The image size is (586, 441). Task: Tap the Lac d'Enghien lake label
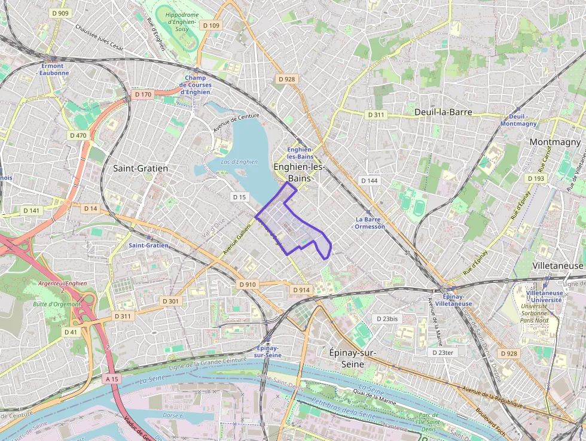coord(231,162)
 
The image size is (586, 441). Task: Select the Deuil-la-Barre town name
coord(443,112)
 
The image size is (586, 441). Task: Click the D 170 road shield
coord(143,95)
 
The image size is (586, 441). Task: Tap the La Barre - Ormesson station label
coord(370,223)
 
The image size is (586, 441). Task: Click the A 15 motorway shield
coord(112,379)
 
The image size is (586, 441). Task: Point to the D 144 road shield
coord(370,180)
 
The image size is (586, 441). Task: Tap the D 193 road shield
coord(536,178)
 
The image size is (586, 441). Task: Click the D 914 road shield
coord(301,290)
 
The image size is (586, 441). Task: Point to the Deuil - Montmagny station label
coord(518,120)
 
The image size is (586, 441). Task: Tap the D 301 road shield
coord(170,301)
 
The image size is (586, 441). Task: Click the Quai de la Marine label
coord(374,396)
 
